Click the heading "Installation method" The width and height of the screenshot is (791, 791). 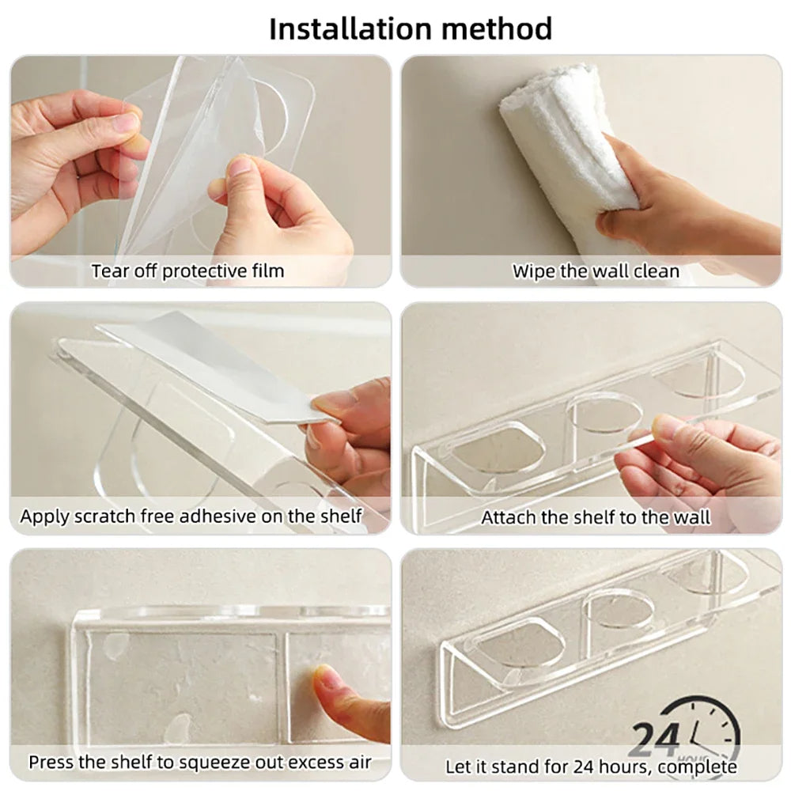411,28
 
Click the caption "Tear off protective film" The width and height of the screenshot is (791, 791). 187,271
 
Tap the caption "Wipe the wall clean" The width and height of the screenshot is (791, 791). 596,271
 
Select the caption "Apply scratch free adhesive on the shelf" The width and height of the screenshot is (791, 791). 191,517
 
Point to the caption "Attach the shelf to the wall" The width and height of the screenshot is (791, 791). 596,518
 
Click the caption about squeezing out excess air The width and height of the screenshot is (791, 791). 199,763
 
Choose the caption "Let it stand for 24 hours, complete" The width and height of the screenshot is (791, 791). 591,766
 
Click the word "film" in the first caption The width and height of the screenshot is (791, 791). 267,271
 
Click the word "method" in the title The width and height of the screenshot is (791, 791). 498,28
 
